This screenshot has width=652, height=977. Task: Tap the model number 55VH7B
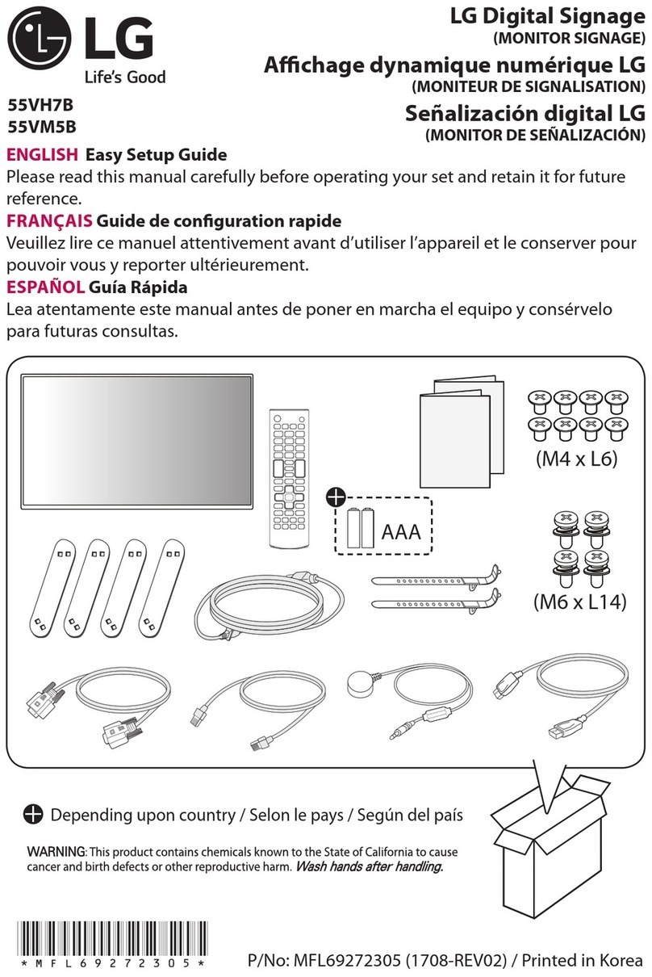tap(39, 105)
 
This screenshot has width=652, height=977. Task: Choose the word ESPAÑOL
tap(45, 287)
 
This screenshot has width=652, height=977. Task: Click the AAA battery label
tap(403, 534)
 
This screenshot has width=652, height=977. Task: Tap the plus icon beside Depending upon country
tap(32, 815)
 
